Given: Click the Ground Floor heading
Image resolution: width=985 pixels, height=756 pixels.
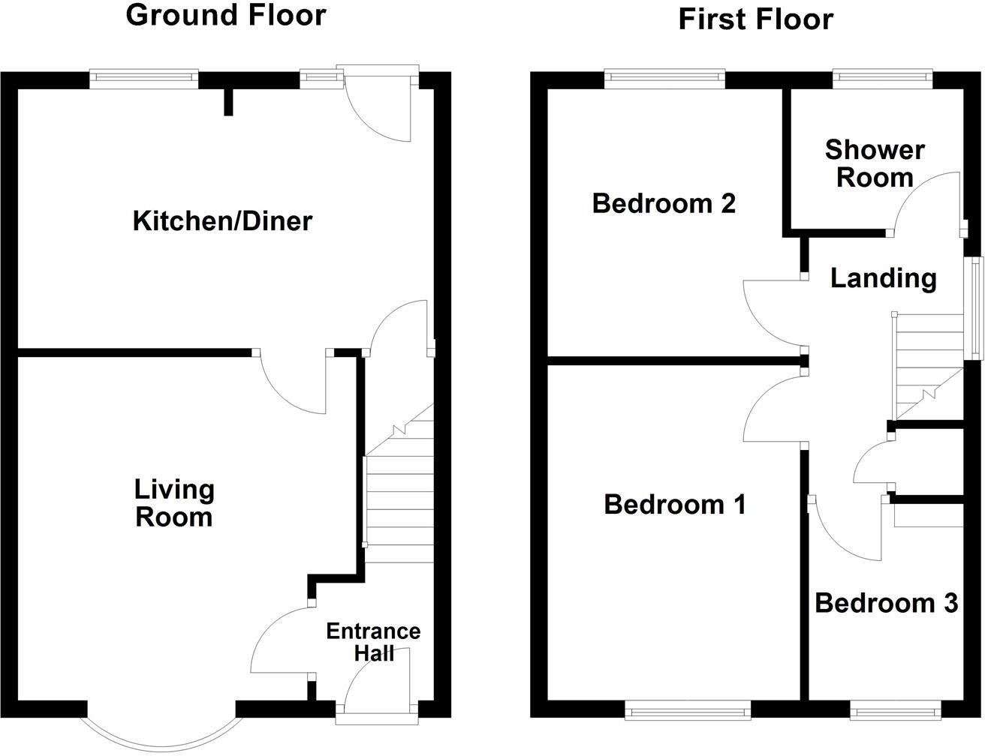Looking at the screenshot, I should click(x=226, y=15).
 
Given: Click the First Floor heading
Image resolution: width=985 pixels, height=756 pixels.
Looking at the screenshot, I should click(x=755, y=19).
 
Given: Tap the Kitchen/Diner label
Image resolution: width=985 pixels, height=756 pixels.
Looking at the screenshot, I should click(x=222, y=221).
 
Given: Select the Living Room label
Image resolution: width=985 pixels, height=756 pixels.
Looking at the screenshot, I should click(x=174, y=503).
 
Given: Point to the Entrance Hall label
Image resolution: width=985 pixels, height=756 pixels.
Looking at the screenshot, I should click(x=373, y=642).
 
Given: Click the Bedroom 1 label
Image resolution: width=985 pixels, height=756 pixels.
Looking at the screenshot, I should click(x=675, y=505).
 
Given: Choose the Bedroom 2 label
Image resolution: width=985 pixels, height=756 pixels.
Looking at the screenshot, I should click(x=664, y=203).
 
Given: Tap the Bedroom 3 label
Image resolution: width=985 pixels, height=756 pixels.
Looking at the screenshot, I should click(x=887, y=603).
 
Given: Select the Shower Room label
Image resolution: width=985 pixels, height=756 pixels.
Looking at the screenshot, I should click(x=875, y=163).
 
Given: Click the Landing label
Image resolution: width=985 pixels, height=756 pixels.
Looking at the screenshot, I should click(x=883, y=278).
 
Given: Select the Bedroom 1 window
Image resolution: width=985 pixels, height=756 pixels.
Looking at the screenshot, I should click(x=688, y=709).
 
